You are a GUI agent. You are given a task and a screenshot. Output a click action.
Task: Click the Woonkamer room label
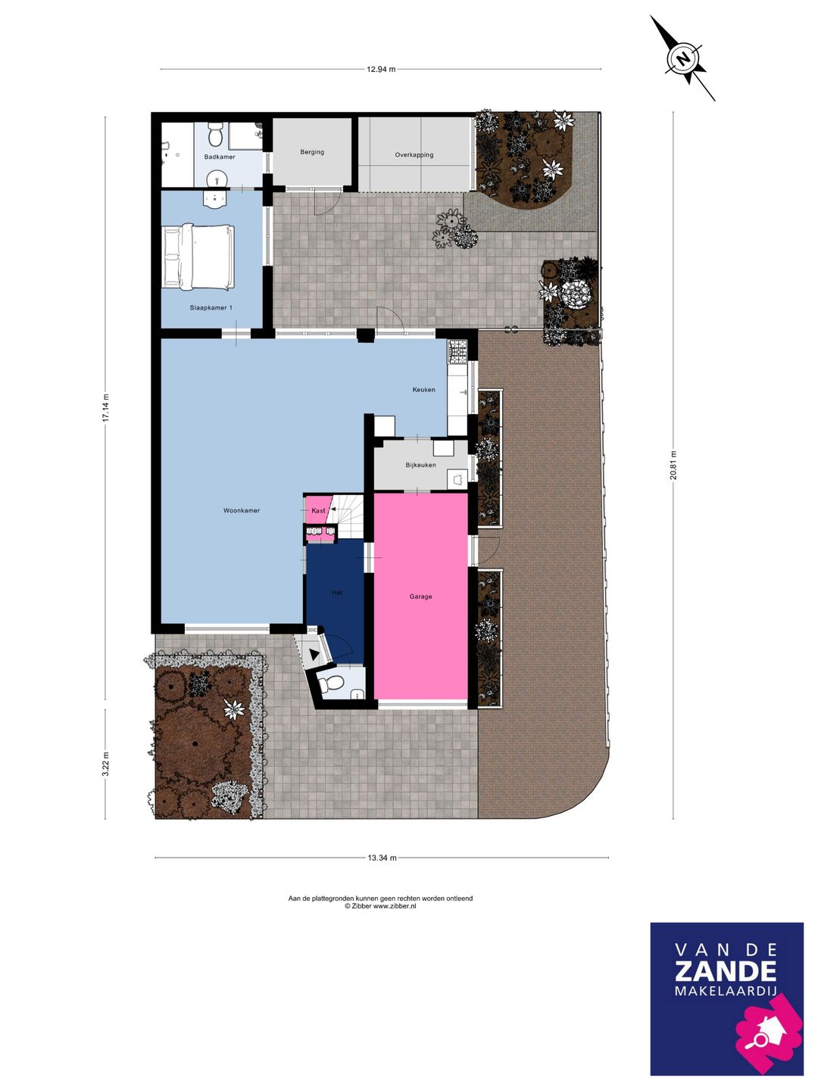(242, 510)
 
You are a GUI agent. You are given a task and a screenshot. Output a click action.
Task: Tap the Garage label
(420, 596)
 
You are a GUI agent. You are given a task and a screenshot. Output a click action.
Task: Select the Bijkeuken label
(420, 465)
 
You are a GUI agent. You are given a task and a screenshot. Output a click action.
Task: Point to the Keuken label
(423, 389)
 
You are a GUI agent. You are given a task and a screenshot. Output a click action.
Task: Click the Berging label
(312, 152)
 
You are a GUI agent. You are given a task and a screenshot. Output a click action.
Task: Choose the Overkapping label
(414, 155)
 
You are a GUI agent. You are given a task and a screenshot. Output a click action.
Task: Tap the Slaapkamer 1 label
(211, 308)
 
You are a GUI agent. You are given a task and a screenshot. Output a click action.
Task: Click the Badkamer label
(220, 157)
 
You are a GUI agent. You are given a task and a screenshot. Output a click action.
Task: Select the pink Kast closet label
(318, 510)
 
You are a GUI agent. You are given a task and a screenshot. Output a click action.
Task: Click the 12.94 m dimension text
(382, 70)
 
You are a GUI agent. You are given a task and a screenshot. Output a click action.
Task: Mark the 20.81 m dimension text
(673, 465)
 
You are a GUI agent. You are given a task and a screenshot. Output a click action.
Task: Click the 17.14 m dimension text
(105, 407)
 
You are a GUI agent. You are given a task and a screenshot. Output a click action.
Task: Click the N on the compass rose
(685, 58)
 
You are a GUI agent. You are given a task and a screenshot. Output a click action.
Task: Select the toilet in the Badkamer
(216, 134)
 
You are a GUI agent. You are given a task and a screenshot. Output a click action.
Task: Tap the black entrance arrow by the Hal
(314, 655)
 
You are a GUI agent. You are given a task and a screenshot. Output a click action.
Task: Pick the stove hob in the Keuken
(457, 350)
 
